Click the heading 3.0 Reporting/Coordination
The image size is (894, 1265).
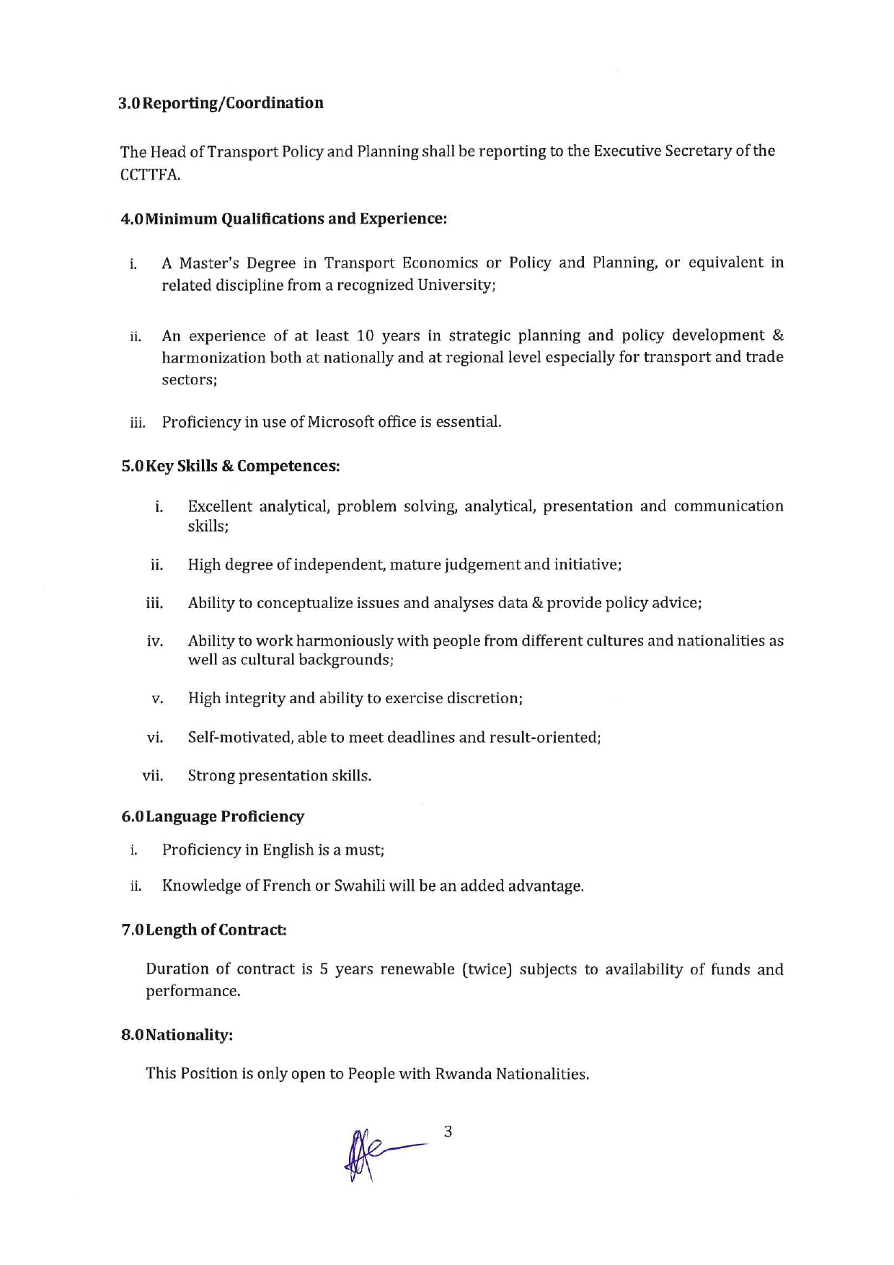coord(221,103)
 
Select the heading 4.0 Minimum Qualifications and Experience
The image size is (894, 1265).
coord(284,219)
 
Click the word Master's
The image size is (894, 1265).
coord(208,263)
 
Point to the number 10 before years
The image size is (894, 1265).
coord(366,336)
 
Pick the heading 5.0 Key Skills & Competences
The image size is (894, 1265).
coord(231,466)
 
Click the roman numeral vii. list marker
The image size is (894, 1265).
coord(153,776)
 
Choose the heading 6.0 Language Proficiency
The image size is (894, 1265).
coord(213,816)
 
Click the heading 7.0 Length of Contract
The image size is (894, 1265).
coord(204,930)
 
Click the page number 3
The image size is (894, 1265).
coord(448,1132)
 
